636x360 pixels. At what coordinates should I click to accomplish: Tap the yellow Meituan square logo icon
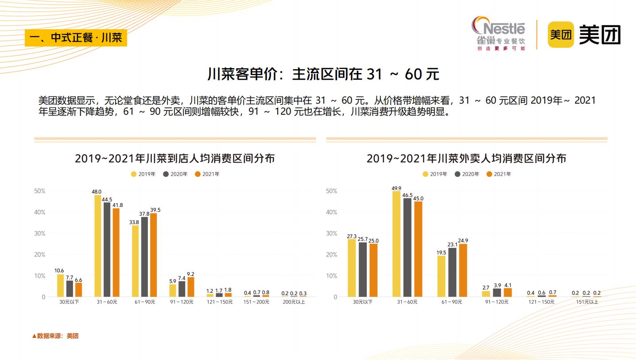(561, 35)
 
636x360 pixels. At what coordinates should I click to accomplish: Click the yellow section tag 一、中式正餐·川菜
(76, 37)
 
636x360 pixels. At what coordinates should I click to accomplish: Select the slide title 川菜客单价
(323, 74)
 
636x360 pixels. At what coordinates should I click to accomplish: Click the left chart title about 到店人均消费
(175, 158)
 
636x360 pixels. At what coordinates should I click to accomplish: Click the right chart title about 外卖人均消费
(466, 158)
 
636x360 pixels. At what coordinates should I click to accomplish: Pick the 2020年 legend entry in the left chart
(175, 174)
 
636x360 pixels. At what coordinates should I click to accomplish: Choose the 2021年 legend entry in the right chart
(499, 174)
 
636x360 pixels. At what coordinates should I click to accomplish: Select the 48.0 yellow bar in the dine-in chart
(97, 246)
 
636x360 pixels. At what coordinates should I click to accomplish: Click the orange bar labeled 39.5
(153, 255)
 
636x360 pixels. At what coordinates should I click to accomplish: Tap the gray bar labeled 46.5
(407, 247)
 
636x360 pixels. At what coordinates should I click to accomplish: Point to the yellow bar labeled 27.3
(352, 267)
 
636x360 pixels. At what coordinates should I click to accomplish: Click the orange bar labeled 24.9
(463, 270)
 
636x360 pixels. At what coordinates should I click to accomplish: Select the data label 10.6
(59, 271)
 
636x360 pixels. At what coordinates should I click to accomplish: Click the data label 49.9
(396, 188)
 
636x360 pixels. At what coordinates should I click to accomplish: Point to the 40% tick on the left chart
(40, 212)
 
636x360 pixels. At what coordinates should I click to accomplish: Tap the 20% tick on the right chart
(331, 255)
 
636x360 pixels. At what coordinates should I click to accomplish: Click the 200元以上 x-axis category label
(294, 302)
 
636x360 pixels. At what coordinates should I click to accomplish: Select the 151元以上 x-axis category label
(587, 302)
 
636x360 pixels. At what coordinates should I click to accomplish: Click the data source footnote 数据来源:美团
(55, 336)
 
